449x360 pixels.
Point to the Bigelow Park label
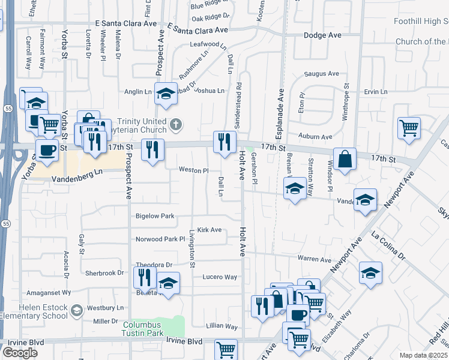click(x=154, y=216)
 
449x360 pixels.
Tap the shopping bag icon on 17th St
click(x=345, y=160)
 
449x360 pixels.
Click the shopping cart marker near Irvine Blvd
click(x=226, y=350)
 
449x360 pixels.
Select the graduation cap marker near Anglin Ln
click(x=166, y=94)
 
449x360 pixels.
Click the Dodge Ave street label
click(x=322, y=35)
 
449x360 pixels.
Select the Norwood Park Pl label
click(x=160, y=239)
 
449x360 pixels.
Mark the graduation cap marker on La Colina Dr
click(x=370, y=272)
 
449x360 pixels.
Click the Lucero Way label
click(x=221, y=277)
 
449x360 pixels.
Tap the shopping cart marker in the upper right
click(x=408, y=127)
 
